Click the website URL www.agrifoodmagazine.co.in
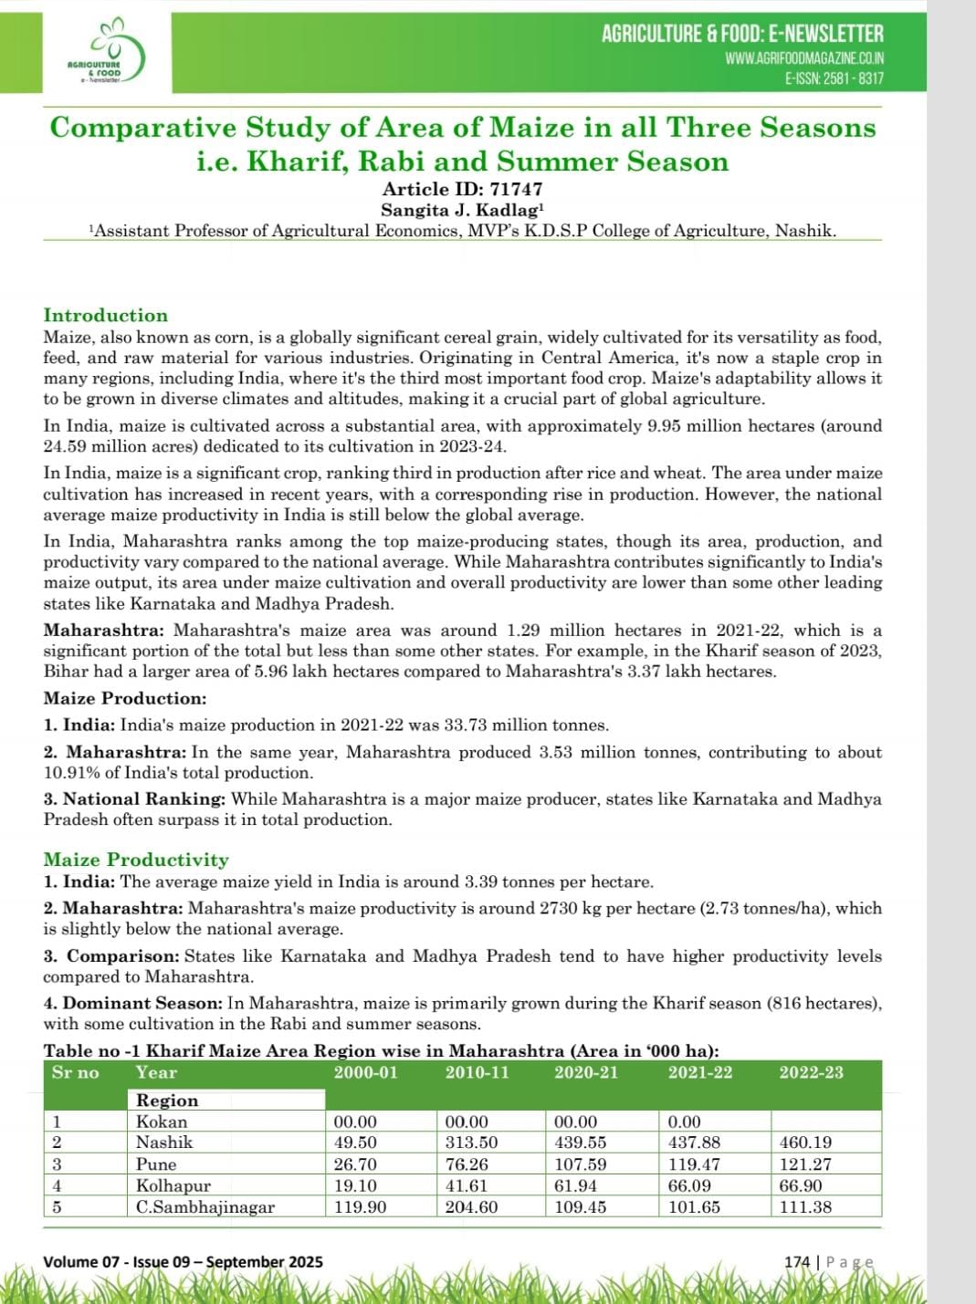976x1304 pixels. [x=804, y=58]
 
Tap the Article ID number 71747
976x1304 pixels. [x=516, y=189]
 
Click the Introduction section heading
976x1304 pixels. [x=106, y=316]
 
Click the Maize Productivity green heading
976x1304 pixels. [x=136, y=860]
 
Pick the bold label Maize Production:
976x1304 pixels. [x=125, y=699]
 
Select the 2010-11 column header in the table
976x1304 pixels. [x=477, y=1073]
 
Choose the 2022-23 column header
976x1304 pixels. [x=811, y=1073]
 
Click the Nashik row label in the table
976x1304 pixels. [x=164, y=1142]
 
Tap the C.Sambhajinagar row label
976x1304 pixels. [x=205, y=1207]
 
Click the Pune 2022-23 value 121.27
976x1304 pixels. [x=805, y=1164]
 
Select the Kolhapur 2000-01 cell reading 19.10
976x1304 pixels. [x=355, y=1186]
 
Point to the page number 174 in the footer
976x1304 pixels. [x=797, y=1262]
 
